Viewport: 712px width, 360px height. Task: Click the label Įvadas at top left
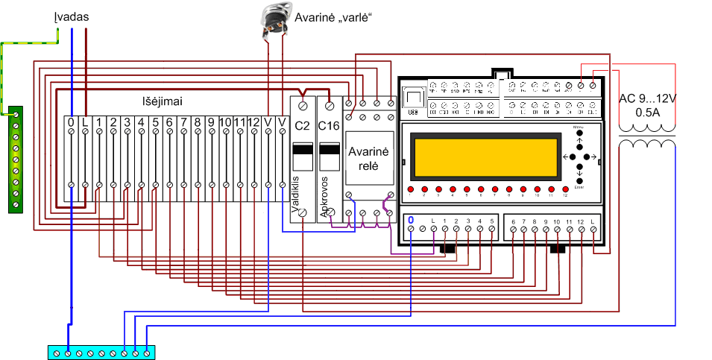click(75, 16)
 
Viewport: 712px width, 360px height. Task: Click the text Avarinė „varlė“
click(333, 16)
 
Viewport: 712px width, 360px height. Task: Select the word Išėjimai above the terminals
click(163, 101)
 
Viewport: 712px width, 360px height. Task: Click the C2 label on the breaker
click(302, 124)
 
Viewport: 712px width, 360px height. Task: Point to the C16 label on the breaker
click(329, 124)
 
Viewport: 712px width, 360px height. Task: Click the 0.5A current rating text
click(648, 113)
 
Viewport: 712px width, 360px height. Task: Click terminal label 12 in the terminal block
click(254, 121)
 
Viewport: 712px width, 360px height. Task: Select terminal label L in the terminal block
click(85, 121)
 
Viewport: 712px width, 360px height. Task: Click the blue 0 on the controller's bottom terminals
click(411, 221)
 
